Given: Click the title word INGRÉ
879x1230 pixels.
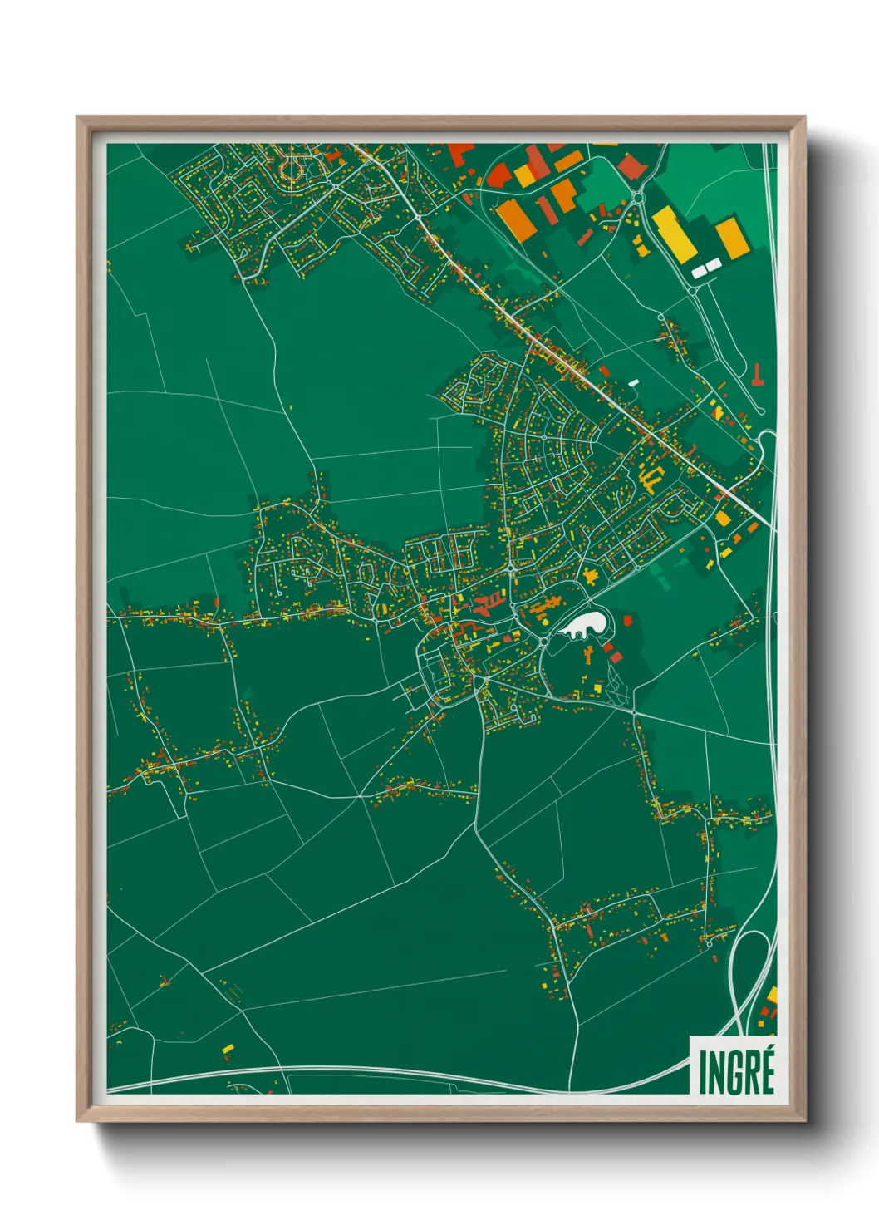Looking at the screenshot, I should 736,1071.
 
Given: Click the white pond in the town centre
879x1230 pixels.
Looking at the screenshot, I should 585,626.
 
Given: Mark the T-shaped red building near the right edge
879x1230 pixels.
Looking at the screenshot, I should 757,376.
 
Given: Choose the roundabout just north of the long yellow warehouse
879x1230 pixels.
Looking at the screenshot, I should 637,197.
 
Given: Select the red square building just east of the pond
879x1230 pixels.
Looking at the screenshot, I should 627,620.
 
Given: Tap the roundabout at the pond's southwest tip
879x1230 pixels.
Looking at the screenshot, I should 543,642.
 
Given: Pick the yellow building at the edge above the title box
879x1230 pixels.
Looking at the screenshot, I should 773,995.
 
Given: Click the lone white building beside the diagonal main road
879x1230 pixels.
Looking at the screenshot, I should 634,382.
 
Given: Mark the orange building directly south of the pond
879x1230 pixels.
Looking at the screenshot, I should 589,656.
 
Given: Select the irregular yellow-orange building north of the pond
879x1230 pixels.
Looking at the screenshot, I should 592,576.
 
